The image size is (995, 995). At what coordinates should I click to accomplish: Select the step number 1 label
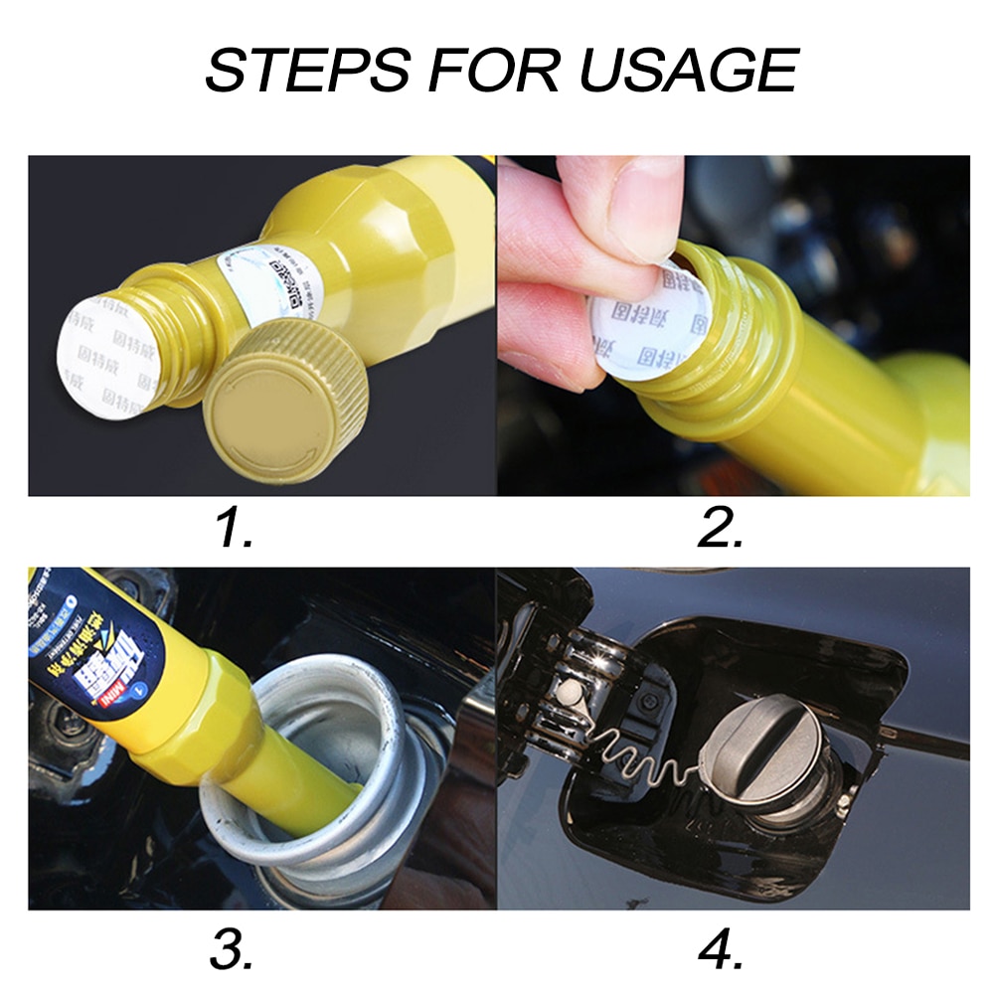236,527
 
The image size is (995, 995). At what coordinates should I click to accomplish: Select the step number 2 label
721,527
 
